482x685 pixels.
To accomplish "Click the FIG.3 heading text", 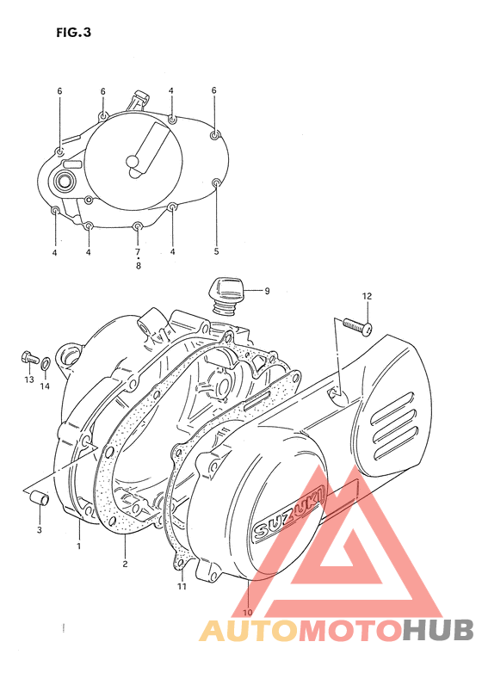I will tap(73, 34).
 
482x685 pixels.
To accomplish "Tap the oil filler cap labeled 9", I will tap(227, 290).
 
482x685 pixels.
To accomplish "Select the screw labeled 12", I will tap(355, 325).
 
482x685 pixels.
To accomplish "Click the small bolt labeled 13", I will tap(28, 355).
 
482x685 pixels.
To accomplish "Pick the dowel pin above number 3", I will tap(39, 498).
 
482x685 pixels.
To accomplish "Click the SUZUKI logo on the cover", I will tap(287, 514).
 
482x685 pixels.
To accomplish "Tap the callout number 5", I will tap(216, 251).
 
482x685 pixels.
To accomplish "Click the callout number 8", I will tap(138, 266).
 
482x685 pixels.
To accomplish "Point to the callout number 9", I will tap(267, 291).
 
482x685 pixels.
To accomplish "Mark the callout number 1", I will tap(78, 546).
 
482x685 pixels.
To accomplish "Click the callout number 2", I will tap(125, 564).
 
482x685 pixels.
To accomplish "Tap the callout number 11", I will tap(182, 587).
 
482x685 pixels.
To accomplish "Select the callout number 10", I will tap(248, 612).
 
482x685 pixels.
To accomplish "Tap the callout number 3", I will tap(39, 530).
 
